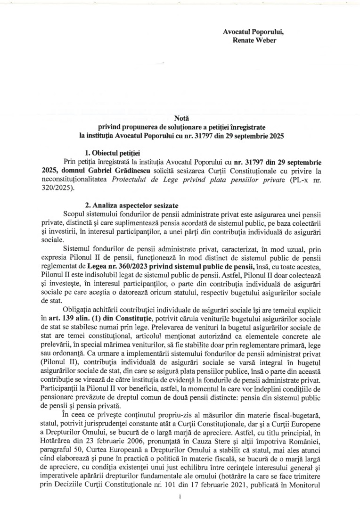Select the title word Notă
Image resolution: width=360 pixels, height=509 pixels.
click(180, 118)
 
